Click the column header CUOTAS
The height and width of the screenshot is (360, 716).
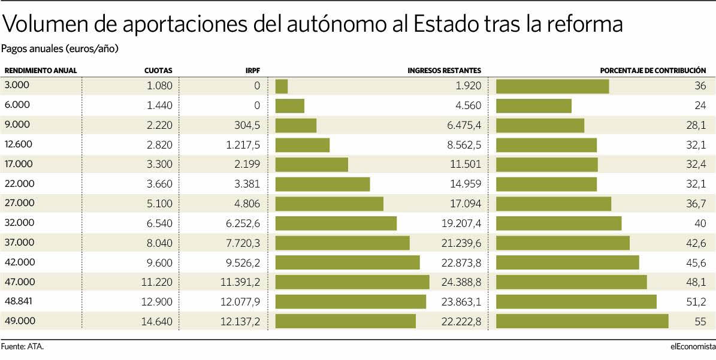pos(158,71)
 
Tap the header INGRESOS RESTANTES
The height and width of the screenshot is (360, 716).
pos(444,71)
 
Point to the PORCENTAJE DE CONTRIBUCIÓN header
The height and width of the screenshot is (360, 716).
pos(653,71)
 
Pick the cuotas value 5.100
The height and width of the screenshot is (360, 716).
pos(159,204)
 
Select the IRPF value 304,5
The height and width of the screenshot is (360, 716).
pos(246,125)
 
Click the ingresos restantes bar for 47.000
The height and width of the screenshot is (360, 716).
pos(352,282)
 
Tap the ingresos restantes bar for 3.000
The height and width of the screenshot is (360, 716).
pos(282,86)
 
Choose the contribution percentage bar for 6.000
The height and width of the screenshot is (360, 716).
pos(534,106)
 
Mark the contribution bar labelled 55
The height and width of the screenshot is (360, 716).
pos(582,321)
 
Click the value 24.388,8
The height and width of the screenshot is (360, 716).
pos(460,282)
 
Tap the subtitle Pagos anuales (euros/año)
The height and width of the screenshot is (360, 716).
pos(59,49)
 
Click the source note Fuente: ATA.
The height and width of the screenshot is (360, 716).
pos(23,346)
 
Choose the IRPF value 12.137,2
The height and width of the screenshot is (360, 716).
pos(240,322)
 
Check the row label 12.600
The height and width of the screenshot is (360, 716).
pos(18,144)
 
